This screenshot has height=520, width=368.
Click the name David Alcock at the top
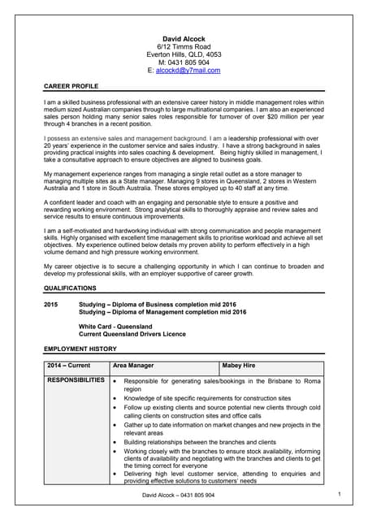(x=184, y=38)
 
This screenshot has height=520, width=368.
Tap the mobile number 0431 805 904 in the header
(x=184, y=63)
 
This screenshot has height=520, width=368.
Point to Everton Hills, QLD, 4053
(x=184, y=54)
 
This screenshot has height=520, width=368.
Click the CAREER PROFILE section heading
(x=71, y=85)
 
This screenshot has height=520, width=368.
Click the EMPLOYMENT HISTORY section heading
(x=80, y=349)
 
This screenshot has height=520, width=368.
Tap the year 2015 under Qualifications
(x=51, y=303)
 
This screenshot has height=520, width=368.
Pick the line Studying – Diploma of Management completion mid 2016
(x=162, y=311)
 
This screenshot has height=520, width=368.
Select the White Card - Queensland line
(x=115, y=326)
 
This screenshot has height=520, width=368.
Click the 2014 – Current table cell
(x=68, y=366)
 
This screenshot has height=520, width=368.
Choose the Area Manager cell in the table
(x=133, y=366)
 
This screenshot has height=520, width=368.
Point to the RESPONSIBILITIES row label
(x=76, y=380)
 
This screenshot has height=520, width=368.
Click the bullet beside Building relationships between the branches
(x=116, y=441)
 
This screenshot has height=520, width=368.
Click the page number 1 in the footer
(x=339, y=493)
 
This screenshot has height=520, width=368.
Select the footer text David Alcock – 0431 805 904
(x=178, y=495)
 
